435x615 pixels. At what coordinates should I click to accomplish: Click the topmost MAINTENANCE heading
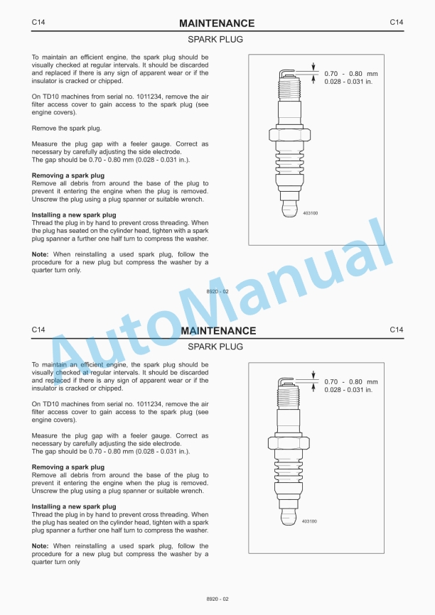click(217, 23)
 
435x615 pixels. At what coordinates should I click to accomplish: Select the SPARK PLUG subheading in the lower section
click(215, 347)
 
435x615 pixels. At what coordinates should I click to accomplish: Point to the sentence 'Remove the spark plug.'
click(67, 128)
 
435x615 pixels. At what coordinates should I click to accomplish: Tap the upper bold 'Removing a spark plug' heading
click(68, 175)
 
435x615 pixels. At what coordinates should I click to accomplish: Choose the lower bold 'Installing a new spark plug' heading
click(74, 506)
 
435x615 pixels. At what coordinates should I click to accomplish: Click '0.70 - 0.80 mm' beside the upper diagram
click(351, 74)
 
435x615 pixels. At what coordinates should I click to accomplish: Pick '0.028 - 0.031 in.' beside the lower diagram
click(348, 390)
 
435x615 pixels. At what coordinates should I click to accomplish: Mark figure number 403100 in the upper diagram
click(310, 212)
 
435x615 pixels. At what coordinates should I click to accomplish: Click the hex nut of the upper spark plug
click(291, 134)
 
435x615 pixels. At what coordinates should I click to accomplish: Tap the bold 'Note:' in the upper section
click(41, 254)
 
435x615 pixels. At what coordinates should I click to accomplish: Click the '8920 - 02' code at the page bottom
click(217, 599)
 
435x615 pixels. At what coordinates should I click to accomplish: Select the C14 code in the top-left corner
click(39, 23)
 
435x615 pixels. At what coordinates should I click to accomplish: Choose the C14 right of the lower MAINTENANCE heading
click(397, 330)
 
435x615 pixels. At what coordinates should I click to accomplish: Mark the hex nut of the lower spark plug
click(291, 442)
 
